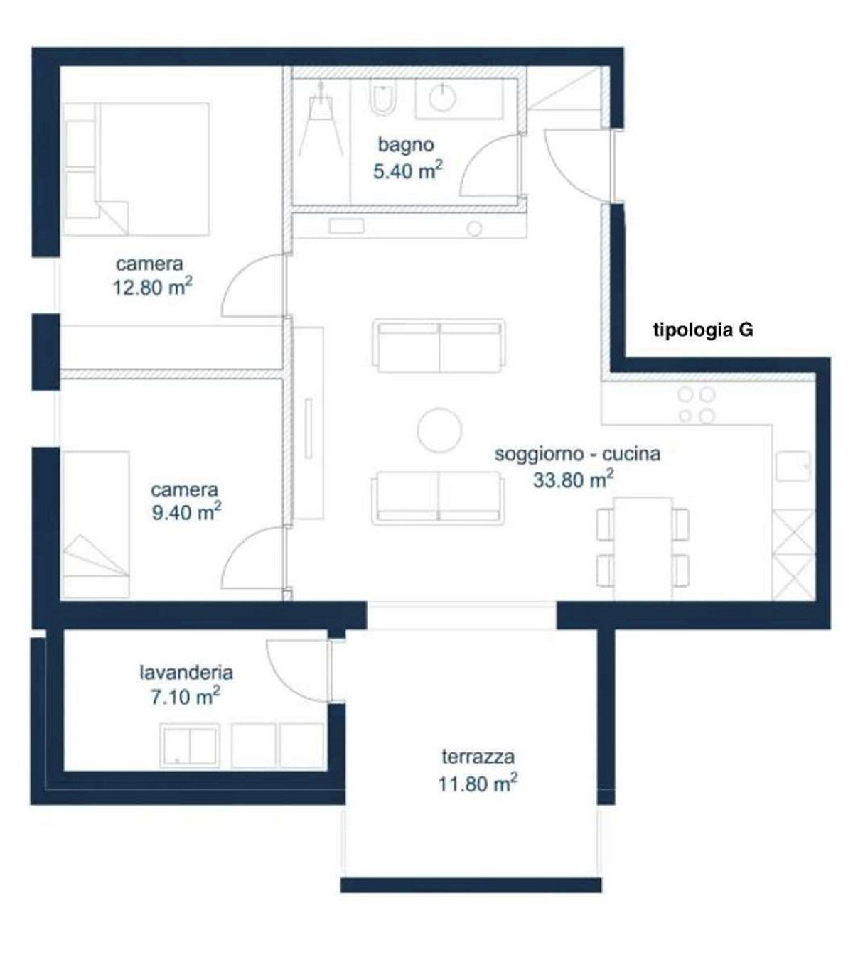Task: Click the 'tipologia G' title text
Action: (703, 330)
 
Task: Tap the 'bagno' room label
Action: (406, 144)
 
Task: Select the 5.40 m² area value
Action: (408, 170)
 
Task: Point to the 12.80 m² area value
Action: (152, 288)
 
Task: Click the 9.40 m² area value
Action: (186, 512)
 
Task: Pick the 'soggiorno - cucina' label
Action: (577, 454)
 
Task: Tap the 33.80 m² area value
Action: (573, 480)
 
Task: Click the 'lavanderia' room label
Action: (186, 672)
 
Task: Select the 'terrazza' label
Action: (478, 757)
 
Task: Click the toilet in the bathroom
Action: (383, 97)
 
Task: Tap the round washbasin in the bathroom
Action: (443, 98)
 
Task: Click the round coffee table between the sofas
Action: (439, 430)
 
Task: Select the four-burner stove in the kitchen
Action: (697, 406)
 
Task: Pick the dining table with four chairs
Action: (643, 548)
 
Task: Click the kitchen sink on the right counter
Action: (793, 465)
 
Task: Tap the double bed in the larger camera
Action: (136, 169)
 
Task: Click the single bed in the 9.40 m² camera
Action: (96, 525)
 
